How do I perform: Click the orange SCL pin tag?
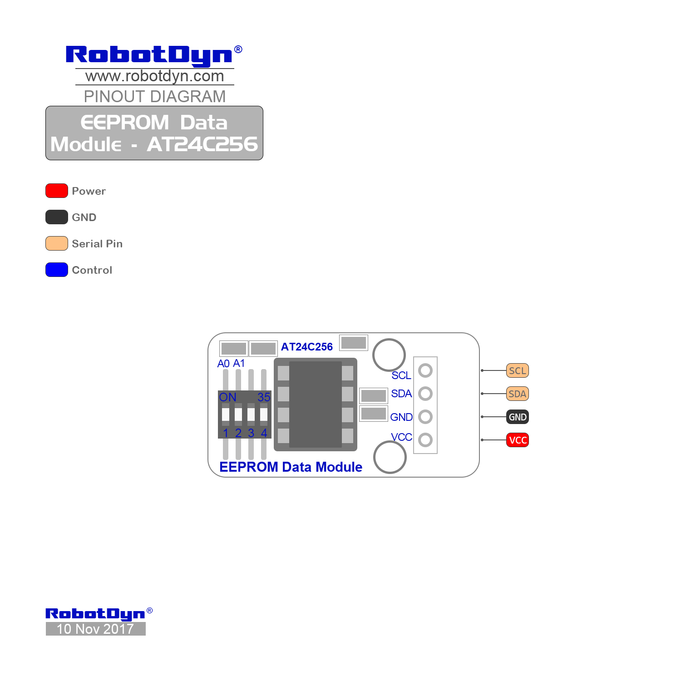tap(518, 370)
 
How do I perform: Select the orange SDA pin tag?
tap(518, 394)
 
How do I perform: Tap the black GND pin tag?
tap(518, 417)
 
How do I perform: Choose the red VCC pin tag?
tap(518, 440)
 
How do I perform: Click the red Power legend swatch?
tap(57, 191)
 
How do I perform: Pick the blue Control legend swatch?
tap(57, 270)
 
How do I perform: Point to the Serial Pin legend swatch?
tap(57, 243)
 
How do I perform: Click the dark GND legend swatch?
tap(57, 217)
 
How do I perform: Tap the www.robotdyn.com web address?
tap(155, 76)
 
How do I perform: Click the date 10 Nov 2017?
tap(95, 629)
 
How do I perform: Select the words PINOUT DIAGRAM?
tap(155, 96)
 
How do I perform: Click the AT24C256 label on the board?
tap(307, 347)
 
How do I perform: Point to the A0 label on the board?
tap(223, 364)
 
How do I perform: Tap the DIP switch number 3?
tap(251, 433)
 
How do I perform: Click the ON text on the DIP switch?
tap(228, 397)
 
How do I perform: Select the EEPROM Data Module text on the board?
tap(291, 467)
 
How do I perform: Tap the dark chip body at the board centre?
tap(316, 405)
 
